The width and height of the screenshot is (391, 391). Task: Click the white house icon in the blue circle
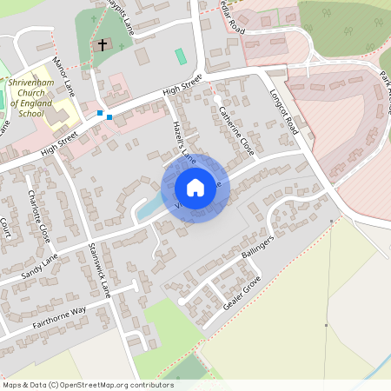[x=195, y=187]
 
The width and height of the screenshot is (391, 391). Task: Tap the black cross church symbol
[x=102, y=43]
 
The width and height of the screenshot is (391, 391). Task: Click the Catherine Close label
[x=236, y=131]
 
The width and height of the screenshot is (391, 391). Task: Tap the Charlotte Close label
[x=40, y=216]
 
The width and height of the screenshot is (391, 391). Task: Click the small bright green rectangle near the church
[x=180, y=56]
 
